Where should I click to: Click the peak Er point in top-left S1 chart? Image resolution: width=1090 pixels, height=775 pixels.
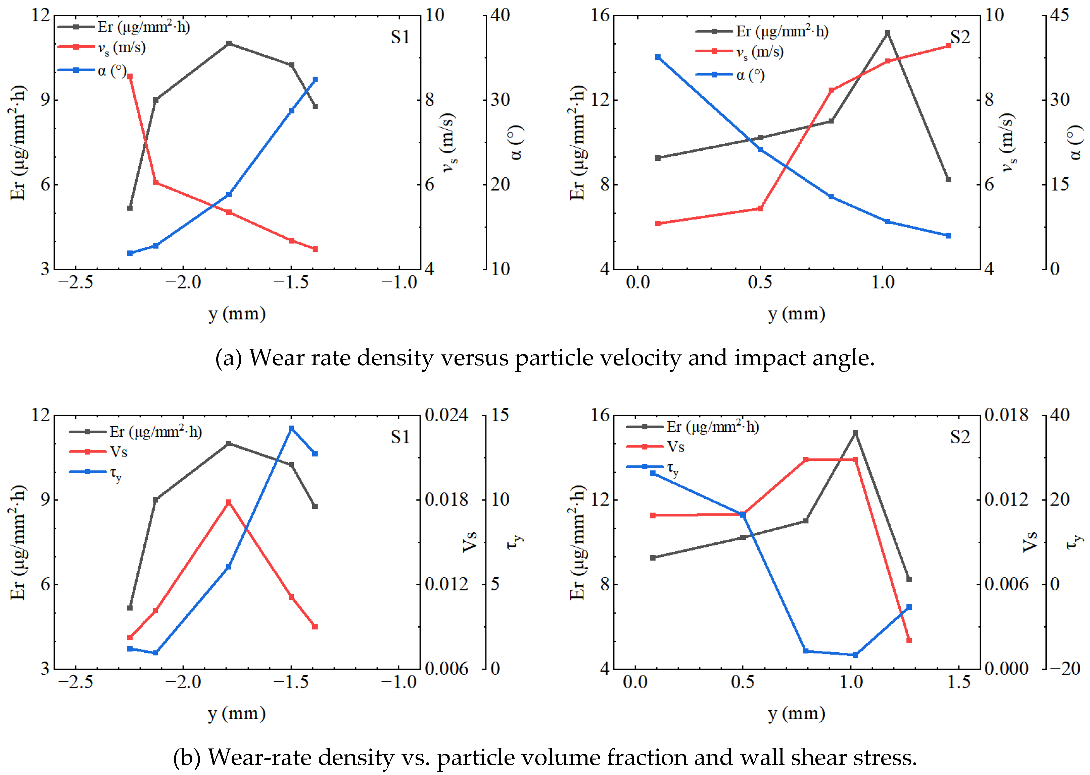pos(229,43)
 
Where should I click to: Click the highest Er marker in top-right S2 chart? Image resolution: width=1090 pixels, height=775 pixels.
pos(887,33)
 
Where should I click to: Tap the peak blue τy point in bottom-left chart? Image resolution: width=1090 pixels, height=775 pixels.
pos(291,429)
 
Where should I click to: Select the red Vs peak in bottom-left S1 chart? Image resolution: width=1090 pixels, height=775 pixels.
pos(229,502)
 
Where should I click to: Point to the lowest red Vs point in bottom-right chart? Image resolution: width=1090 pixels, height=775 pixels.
pos(909,640)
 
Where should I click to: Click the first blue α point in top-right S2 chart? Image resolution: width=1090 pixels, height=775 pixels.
pos(658,57)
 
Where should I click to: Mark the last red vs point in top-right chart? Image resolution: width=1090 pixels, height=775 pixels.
pos(948,46)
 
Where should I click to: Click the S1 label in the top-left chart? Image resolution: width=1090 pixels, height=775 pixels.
pos(400,37)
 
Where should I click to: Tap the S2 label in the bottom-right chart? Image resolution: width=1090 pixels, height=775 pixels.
pos(960,437)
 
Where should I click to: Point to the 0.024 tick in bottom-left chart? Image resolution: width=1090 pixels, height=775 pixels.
pos(446,415)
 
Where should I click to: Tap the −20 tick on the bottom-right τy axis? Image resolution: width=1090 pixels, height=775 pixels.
pos(1064,669)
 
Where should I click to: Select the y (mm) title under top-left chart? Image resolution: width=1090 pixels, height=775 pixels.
pos(237,314)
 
